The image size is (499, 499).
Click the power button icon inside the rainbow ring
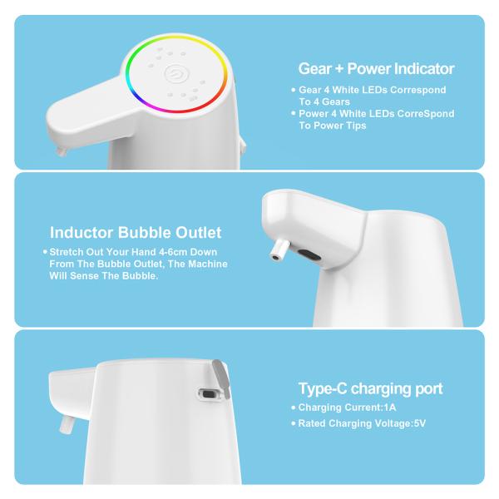[176, 75]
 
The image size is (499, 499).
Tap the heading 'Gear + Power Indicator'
[376, 68]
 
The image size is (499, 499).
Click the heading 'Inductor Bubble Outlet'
[136, 233]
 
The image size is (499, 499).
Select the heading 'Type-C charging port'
[370, 388]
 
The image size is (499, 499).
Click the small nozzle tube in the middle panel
[280, 249]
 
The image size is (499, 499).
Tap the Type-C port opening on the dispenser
[209, 396]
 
